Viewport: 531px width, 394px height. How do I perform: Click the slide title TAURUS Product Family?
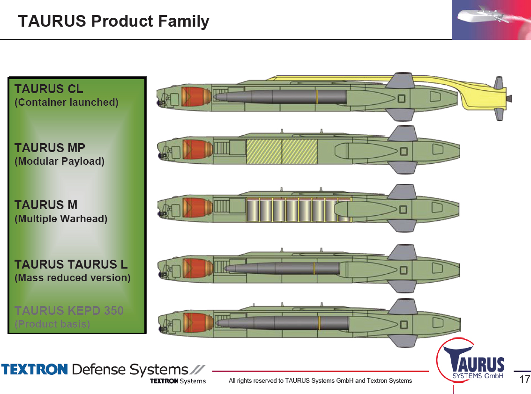click(x=113, y=21)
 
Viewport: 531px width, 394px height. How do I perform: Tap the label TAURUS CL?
click(x=49, y=88)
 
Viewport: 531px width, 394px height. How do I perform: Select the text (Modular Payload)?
click(x=60, y=161)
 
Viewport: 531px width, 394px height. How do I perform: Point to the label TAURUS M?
click(x=46, y=205)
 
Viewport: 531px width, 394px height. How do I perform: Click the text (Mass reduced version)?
click(x=73, y=277)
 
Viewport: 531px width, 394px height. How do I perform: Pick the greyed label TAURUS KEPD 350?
click(x=69, y=310)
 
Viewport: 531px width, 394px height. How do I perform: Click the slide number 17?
click(x=524, y=379)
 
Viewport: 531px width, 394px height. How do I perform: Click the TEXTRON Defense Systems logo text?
click(x=103, y=370)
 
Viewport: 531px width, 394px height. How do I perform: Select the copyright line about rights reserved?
click(x=320, y=380)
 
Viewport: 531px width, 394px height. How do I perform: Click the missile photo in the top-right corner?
click(x=491, y=20)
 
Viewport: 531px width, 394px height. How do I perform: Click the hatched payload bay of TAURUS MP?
click(x=282, y=152)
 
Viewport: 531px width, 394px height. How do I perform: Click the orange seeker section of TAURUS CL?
click(x=191, y=96)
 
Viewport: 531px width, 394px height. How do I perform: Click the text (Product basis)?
click(x=52, y=324)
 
